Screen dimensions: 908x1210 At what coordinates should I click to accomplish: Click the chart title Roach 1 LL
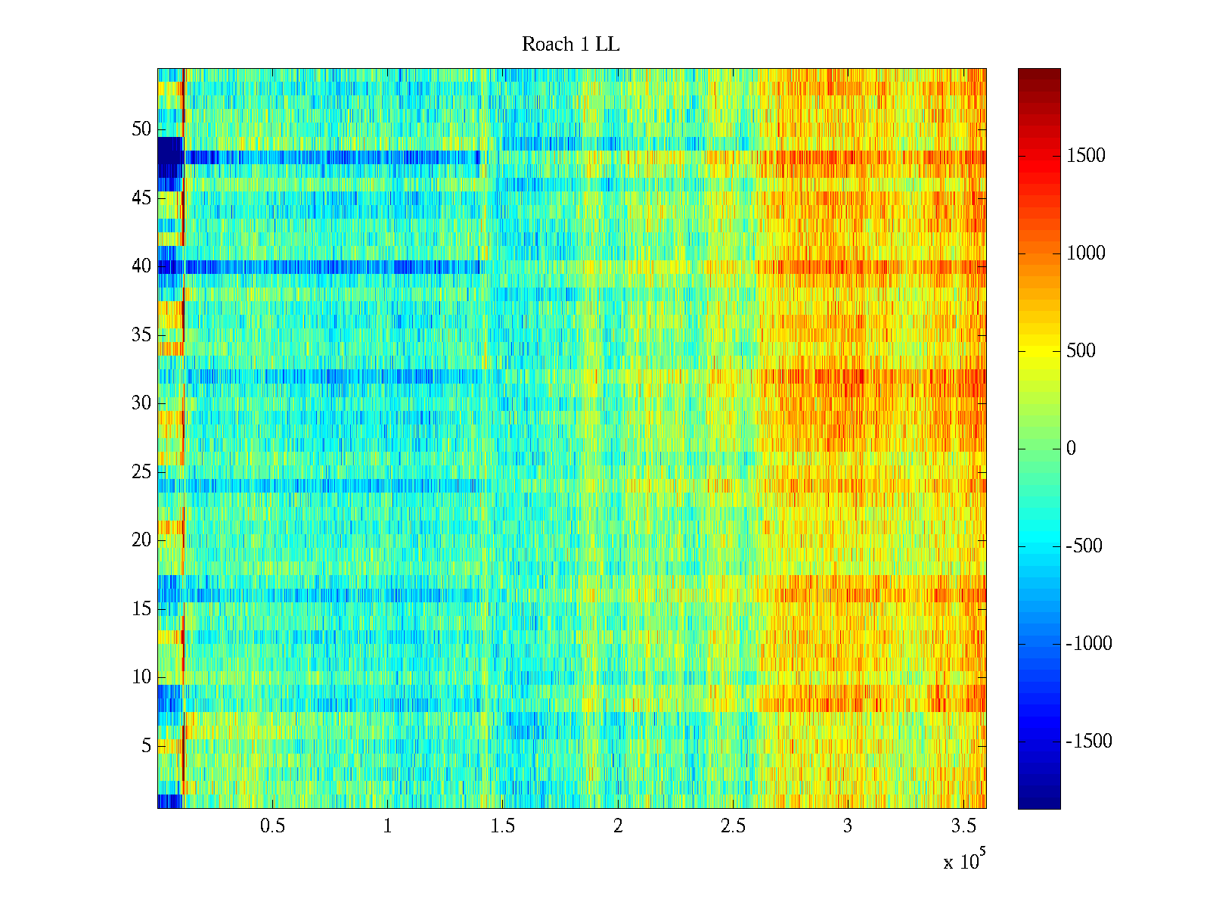(570, 45)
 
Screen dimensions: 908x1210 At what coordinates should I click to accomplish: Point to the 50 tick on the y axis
(141, 129)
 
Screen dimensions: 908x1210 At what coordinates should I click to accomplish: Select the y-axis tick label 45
(141, 198)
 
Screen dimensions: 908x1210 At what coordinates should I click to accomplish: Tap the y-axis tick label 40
(141, 266)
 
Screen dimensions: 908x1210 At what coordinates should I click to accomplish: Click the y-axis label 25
(141, 472)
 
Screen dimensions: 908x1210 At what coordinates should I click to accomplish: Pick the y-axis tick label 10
(141, 677)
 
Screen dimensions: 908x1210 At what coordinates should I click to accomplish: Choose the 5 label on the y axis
(146, 746)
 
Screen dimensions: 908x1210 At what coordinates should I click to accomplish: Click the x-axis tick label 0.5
(272, 826)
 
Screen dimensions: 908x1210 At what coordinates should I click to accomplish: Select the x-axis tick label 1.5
(503, 826)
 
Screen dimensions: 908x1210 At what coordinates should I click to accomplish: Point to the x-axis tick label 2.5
(733, 826)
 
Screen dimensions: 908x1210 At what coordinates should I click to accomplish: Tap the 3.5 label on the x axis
(963, 826)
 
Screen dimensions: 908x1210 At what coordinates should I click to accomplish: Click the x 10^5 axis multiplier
(963, 861)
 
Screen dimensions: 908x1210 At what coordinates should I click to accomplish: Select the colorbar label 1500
(1086, 156)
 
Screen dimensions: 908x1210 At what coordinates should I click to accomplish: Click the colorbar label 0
(1071, 449)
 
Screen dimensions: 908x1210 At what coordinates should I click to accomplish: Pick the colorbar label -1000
(1089, 644)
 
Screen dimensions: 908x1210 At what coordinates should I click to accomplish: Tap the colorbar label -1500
(1089, 742)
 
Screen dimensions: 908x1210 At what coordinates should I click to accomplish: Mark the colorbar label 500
(1081, 351)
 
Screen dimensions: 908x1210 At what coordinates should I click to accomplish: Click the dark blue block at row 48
(170, 150)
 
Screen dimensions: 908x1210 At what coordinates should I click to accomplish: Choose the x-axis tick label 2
(618, 826)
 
